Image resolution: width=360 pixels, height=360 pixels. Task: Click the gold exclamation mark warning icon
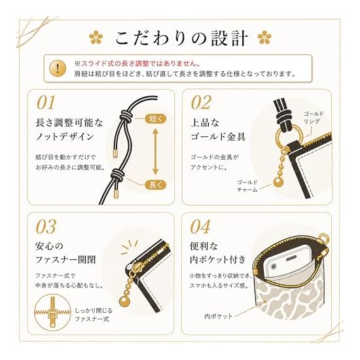point(58,68)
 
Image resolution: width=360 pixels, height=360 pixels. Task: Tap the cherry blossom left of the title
point(96,37)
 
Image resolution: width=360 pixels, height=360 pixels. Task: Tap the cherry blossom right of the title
point(264,37)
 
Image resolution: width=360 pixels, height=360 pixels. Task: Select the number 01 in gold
point(46,103)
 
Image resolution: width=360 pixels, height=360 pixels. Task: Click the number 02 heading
point(201,103)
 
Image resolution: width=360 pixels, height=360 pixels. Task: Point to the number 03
point(46,226)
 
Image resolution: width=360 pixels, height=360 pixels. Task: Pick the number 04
point(200,226)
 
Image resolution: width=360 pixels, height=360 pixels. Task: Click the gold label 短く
point(156,118)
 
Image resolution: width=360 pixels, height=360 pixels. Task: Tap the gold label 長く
point(156,185)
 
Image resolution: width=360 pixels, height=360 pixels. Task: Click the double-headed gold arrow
point(155,152)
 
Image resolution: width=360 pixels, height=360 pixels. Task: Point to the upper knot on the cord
point(125,115)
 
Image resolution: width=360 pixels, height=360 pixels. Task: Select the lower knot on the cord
point(117,175)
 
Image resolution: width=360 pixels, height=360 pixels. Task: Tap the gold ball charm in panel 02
point(278,182)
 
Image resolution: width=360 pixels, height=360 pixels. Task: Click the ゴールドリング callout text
point(314,117)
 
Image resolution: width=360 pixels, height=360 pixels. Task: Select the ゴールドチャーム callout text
point(247,186)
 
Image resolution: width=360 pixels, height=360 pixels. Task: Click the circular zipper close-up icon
point(52,313)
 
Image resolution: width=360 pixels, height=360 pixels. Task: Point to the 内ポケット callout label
point(219,316)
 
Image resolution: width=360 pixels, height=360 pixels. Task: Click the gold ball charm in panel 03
point(125,301)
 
